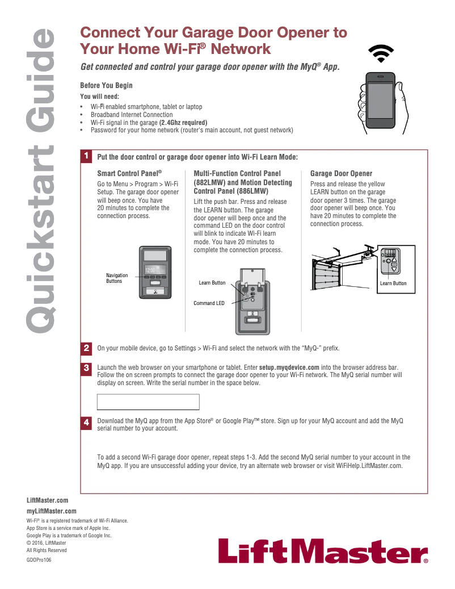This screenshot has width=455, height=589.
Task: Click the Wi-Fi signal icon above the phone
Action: [x=381, y=53]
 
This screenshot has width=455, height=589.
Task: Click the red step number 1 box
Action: [x=86, y=156]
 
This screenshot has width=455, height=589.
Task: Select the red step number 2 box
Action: [x=86, y=348]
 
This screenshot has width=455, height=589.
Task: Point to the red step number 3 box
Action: [x=86, y=368]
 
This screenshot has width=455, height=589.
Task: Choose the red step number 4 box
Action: [x=86, y=423]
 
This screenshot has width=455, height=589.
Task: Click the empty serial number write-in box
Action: [x=149, y=402]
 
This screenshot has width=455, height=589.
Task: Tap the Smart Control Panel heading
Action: [x=129, y=173]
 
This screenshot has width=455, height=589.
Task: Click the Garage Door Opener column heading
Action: [x=341, y=173]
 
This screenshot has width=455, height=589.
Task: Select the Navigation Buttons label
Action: [x=117, y=278]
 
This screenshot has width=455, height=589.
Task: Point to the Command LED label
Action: [x=209, y=303]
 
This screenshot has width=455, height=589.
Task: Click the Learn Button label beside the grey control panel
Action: [x=212, y=283]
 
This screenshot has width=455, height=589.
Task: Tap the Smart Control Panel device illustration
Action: [x=155, y=272]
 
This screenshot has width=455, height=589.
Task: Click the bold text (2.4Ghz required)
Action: [x=183, y=123]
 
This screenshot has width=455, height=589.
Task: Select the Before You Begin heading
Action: [x=106, y=86]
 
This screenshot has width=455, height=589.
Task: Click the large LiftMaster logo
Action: [x=323, y=551]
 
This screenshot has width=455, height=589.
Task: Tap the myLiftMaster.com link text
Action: [x=52, y=511]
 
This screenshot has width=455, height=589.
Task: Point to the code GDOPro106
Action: [x=39, y=559]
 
